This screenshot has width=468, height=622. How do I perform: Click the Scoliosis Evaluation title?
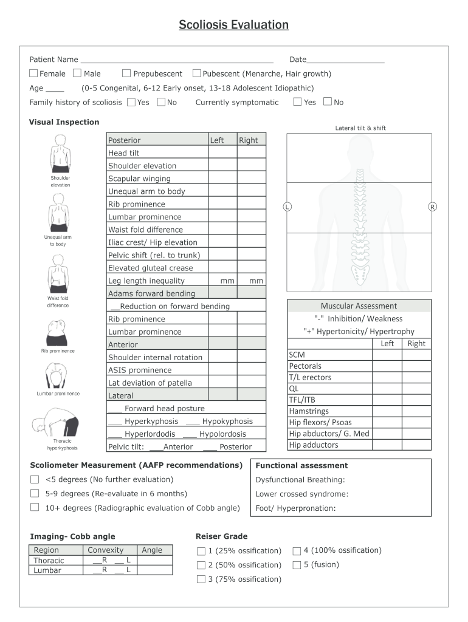pos(233,25)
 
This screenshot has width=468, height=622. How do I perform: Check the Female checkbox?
pos(33,73)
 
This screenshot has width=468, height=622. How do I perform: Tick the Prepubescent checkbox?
pos(126,73)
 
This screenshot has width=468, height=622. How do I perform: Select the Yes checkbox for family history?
pos(131,102)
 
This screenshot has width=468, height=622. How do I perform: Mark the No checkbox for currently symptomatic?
pos(328,102)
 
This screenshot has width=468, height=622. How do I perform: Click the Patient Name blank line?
pos(176,60)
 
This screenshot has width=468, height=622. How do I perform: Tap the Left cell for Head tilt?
pos(222,153)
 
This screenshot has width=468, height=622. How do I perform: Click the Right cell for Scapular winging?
pos(251,179)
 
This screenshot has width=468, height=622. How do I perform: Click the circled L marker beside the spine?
pos(287,207)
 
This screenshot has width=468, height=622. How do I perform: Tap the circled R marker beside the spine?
pos(432,207)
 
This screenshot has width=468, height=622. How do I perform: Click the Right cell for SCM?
pos(416,355)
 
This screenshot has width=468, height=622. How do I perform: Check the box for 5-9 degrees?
pos(35,493)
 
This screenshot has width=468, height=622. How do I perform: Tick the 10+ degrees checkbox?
pos(35,507)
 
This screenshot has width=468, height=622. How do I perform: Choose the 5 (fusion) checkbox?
pos(297,565)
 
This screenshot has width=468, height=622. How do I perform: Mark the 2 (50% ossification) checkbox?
pos(201,566)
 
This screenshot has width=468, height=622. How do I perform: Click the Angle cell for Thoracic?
pos(154,561)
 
